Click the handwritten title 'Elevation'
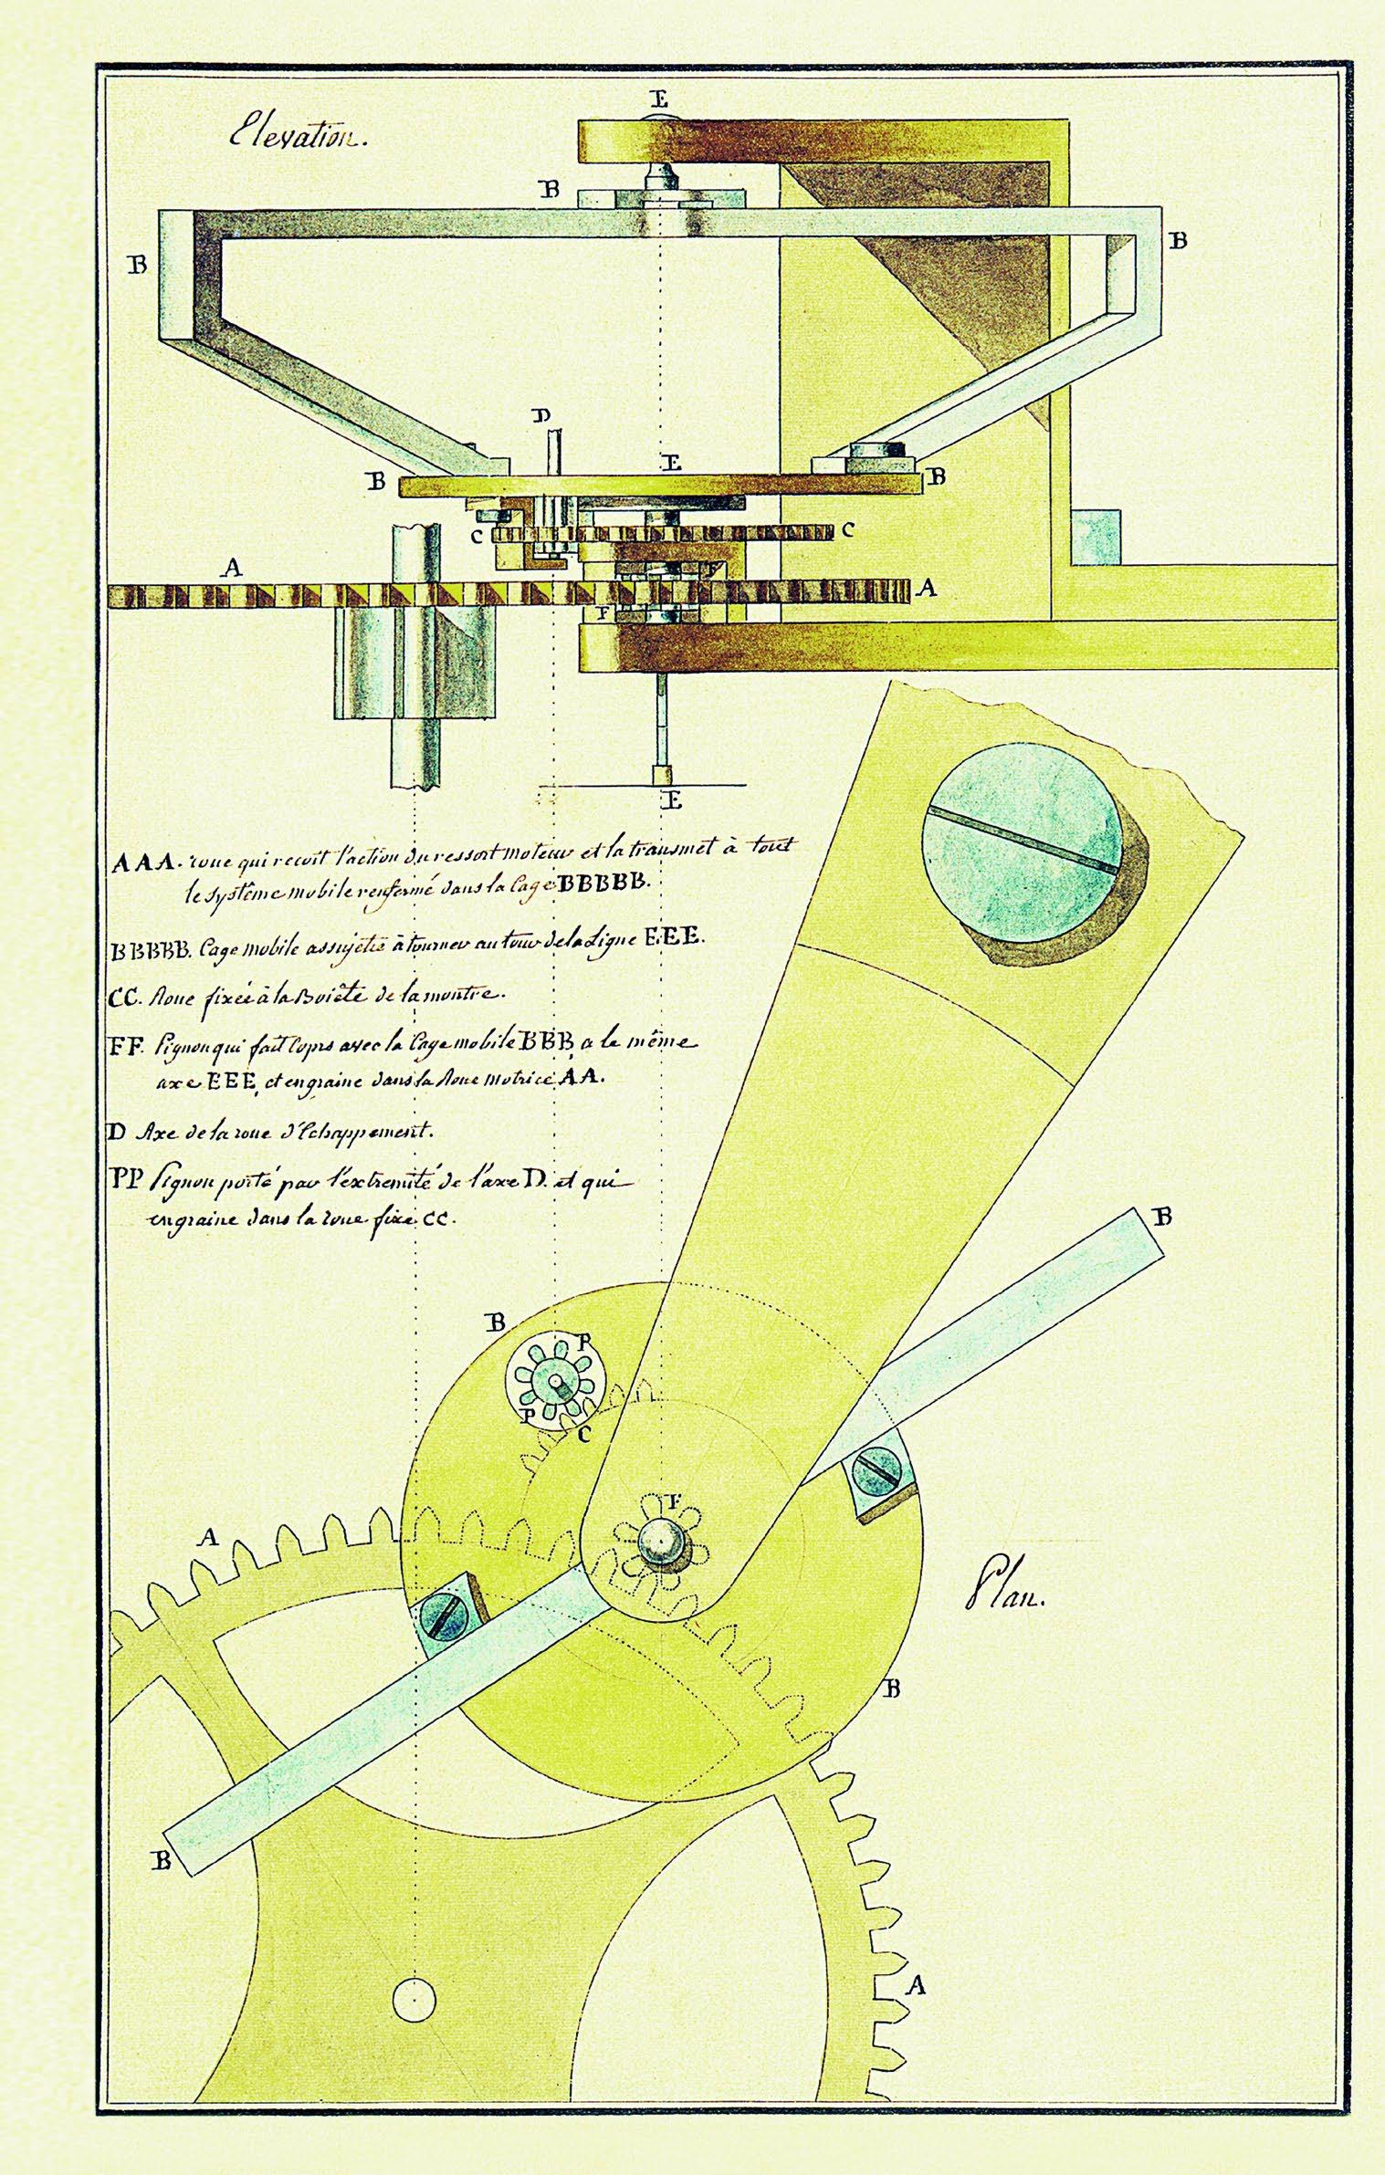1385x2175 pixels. click(297, 139)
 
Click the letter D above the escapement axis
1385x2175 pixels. click(542, 416)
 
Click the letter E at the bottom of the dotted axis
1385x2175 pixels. click(673, 802)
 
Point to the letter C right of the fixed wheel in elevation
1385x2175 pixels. click(848, 528)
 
